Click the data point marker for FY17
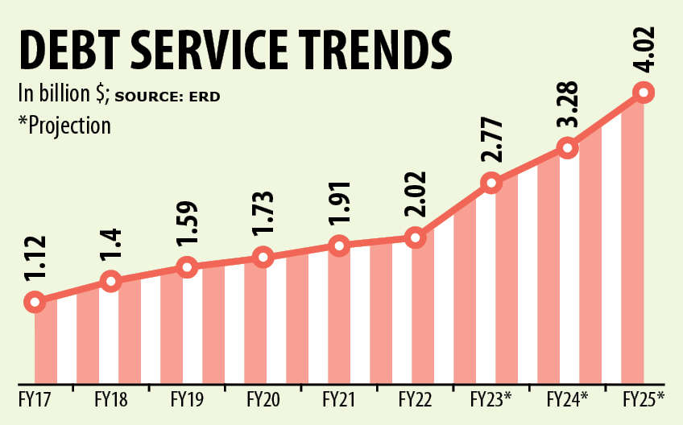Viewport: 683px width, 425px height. (x=35, y=302)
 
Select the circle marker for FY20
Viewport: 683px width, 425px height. (x=263, y=258)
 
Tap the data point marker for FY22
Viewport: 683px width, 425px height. (x=415, y=237)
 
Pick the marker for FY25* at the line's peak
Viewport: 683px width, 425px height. (x=644, y=92)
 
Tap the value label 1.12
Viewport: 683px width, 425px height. (x=35, y=259)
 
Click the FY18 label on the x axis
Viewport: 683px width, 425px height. (x=111, y=398)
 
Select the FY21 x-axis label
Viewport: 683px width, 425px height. (x=339, y=398)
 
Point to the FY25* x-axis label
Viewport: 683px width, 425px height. (x=644, y=398)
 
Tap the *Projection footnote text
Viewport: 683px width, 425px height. (x=64, y=126)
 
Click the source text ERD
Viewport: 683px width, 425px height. (x=205, y=97)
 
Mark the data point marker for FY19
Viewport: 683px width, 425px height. (x=187, y=267)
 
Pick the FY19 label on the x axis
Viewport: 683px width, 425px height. (x=187, y=398)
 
